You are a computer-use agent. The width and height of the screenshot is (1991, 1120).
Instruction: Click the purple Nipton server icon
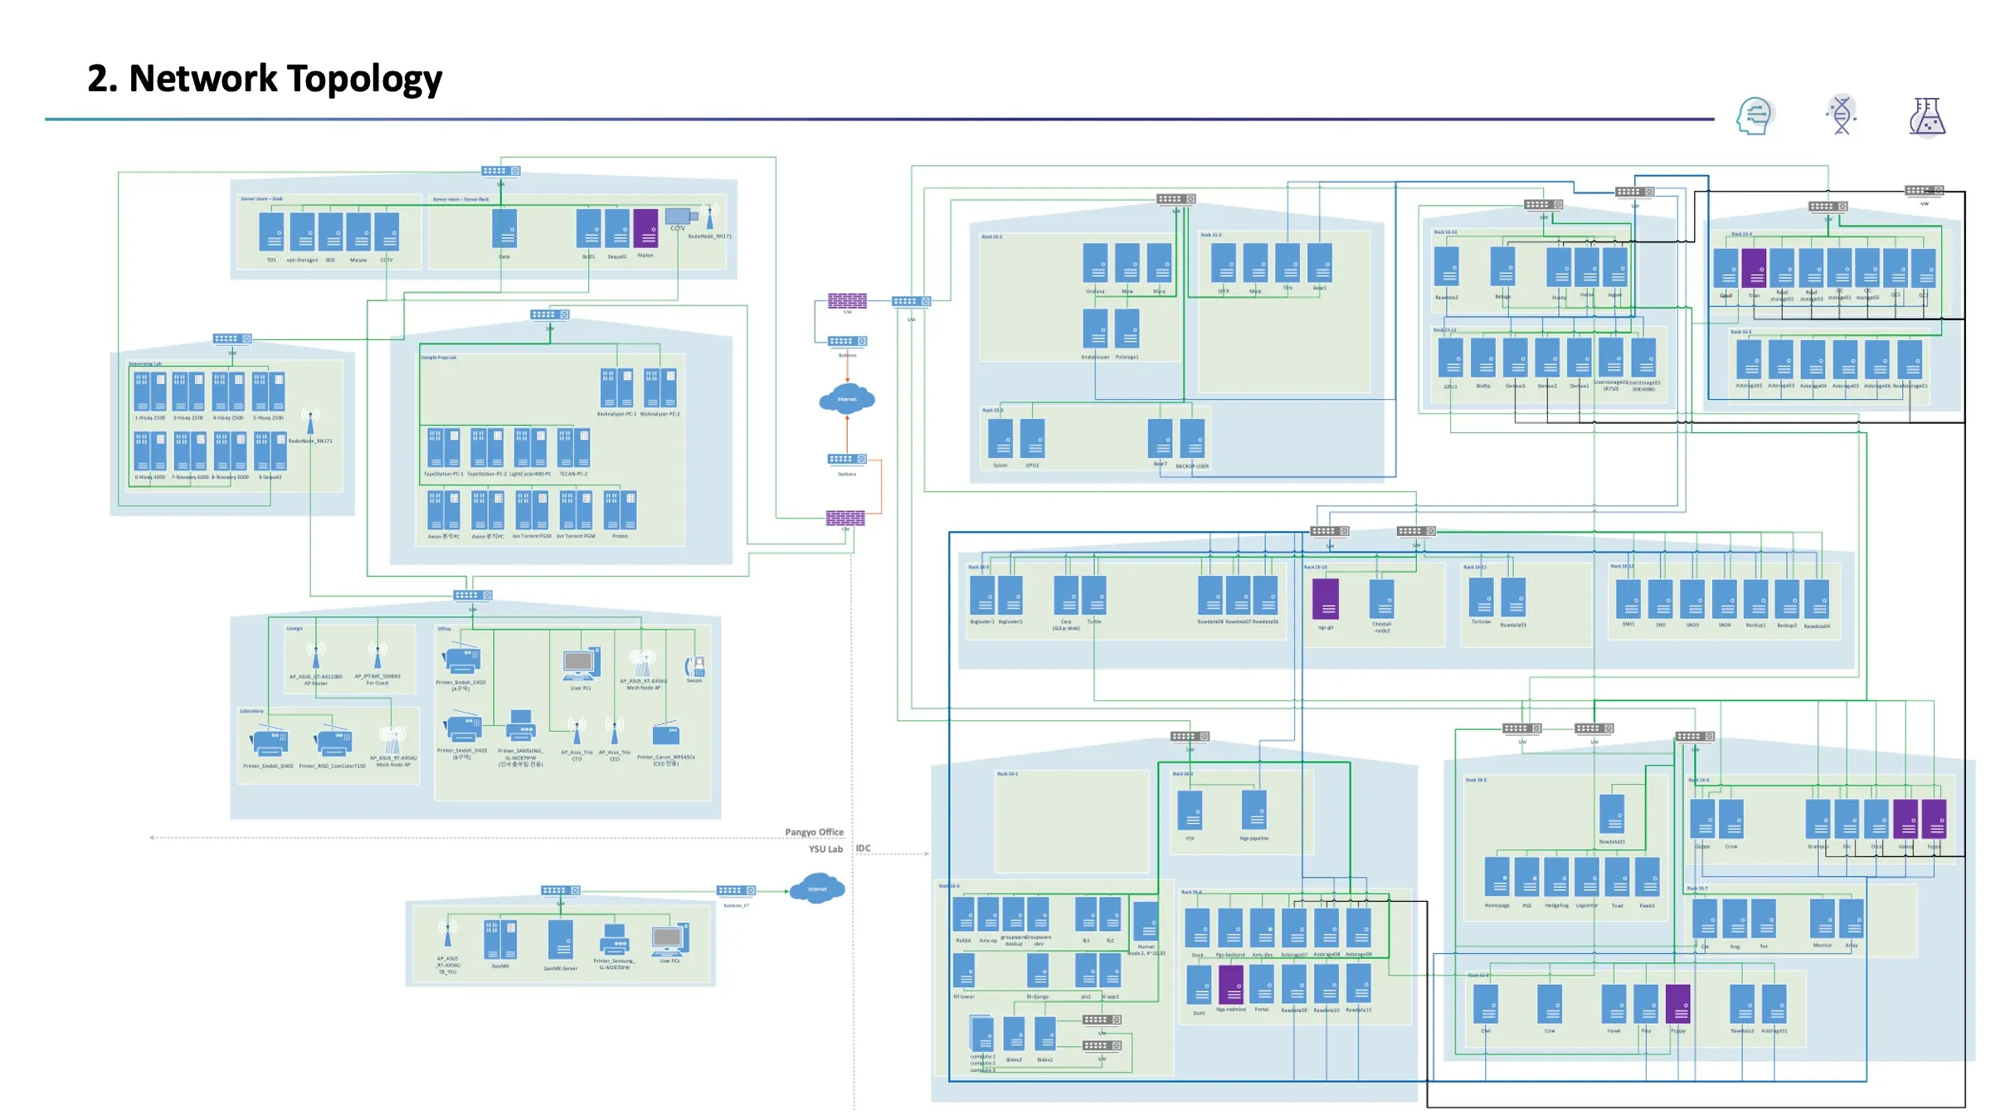[x=645, y=228]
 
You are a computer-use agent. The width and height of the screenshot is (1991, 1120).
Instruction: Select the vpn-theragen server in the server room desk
[x=302, y=231]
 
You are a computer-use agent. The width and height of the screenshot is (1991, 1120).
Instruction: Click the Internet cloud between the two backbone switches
[x=847, y=399]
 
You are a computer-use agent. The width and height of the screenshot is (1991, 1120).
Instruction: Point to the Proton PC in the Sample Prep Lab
[x=620, y=510]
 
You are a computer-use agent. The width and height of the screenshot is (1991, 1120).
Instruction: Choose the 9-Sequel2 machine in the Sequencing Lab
[x=270, y=451]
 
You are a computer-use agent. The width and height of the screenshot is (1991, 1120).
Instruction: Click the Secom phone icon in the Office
[x=694, y=666]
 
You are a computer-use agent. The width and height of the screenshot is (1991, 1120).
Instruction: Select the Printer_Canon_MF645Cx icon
[x=666, y=735]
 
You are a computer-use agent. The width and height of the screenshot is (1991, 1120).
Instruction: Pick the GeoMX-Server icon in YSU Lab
[x=561, y=939]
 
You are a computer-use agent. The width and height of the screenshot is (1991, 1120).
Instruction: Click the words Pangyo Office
[x=814, y=832]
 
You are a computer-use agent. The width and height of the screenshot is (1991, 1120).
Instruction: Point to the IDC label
[x=864, y=849]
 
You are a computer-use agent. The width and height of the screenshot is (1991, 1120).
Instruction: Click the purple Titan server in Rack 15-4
[x=1754, y=268]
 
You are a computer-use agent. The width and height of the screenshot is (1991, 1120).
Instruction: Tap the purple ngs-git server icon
[x=1326, y=599]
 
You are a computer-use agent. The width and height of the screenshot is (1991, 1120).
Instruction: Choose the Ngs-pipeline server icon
[x=1254, y=811]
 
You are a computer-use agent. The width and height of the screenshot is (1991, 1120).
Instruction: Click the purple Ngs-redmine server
[x=1230, y=985]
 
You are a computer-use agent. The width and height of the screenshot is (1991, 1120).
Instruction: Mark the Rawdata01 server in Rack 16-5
[x=1612, y=814]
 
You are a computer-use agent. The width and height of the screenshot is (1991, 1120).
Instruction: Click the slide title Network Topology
[x=265, y=79]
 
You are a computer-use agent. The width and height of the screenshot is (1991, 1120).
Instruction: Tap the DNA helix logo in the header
[x=1842, y=115]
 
